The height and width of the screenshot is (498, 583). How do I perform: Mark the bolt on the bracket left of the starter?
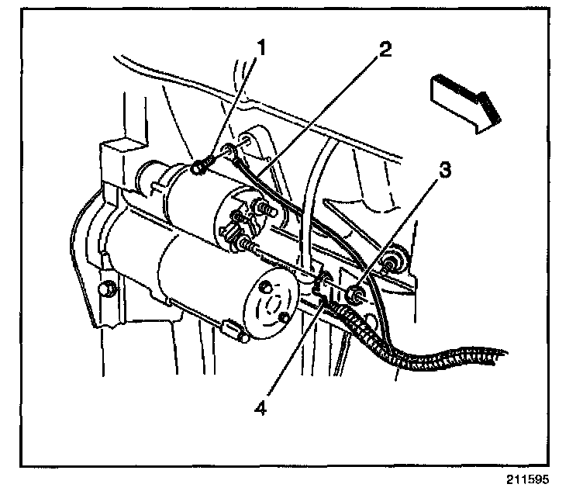(x=108, y=289)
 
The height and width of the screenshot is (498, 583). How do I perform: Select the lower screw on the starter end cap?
(x=285, y=317)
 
